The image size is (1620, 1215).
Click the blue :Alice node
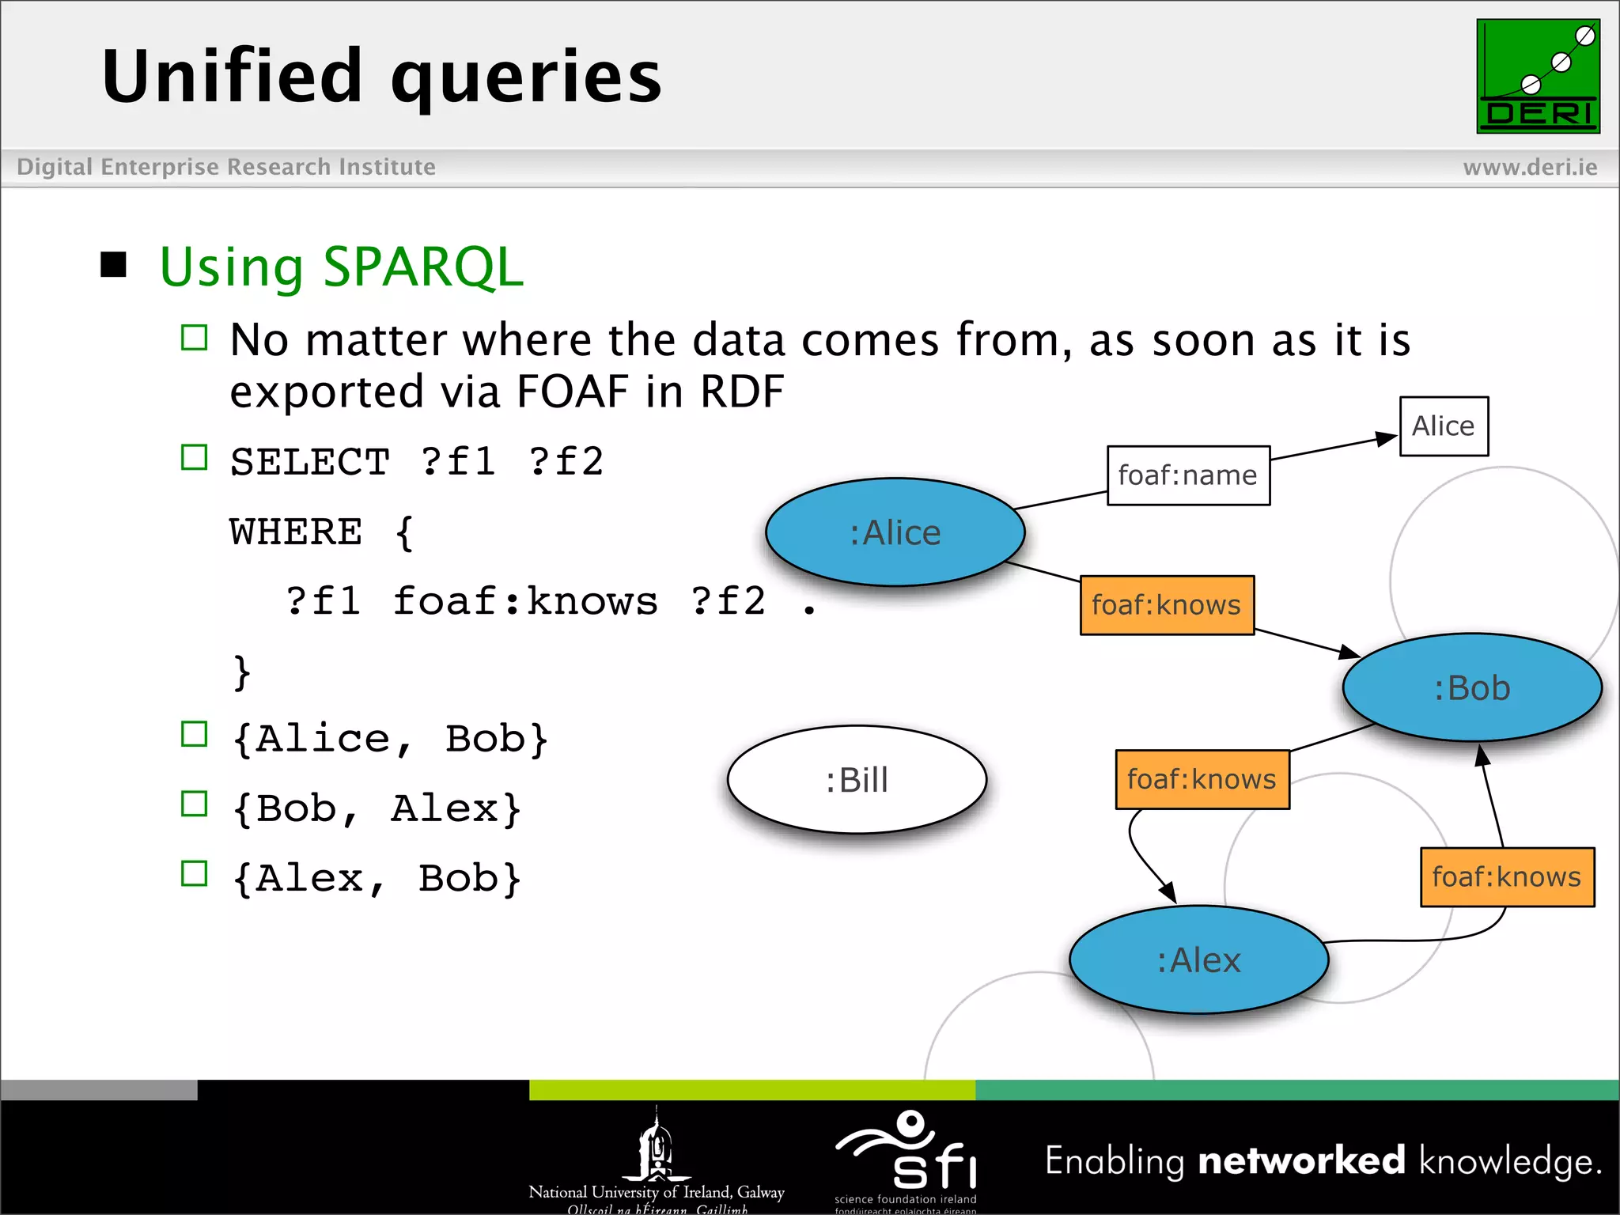pos(895,532)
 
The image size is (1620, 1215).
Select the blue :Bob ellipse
pos(1472,687)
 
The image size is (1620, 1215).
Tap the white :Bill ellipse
pos(857,780)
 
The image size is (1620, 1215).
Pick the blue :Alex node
pos(1198,960)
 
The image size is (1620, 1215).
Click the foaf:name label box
pos(1188,475)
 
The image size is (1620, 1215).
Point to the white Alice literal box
pos(1444,426)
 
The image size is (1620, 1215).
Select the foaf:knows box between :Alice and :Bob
pos(1167,605)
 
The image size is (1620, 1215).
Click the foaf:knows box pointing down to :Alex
pos(1202,779)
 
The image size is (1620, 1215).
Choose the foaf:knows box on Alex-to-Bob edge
pos(1507,876)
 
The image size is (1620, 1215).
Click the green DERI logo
pos(1538,77)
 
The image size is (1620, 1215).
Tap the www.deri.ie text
pos(1530,167)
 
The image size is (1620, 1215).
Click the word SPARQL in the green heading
pos(423,267)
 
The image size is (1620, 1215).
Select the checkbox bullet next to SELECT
pos(194,457)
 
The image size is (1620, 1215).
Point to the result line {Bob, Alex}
pos(377,808)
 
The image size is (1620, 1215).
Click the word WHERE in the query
pos(296,532)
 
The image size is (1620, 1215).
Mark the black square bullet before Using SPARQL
pos(114,265)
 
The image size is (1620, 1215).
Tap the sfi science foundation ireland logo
pos(907,1156)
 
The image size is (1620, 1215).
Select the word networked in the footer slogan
pos(1301,1160)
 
